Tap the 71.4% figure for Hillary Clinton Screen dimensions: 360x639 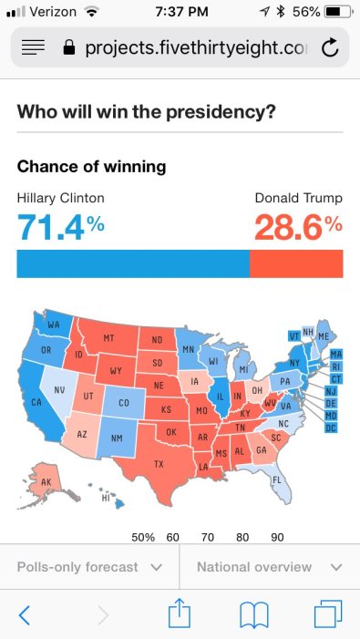coord(61,227)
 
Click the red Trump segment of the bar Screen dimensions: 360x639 coord(296,263)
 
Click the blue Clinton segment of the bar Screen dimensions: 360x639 coord(132,263)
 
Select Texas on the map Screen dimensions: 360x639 coord(159,464)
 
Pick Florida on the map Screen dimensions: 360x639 coord(275,480)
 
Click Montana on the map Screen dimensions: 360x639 coord(108,338)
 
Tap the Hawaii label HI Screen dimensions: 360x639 coord(106,499)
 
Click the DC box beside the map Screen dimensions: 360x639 coord(332,428)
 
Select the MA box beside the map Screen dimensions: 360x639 coord(335,354)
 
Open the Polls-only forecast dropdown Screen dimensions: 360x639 coord(89,567)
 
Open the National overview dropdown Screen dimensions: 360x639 coord(270,567)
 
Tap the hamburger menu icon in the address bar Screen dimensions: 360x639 coord(33,47)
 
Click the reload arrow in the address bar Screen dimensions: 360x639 coord(330,47)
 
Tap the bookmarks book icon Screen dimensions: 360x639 coord(253,615)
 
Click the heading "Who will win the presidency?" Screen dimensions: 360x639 coord(147,111)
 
